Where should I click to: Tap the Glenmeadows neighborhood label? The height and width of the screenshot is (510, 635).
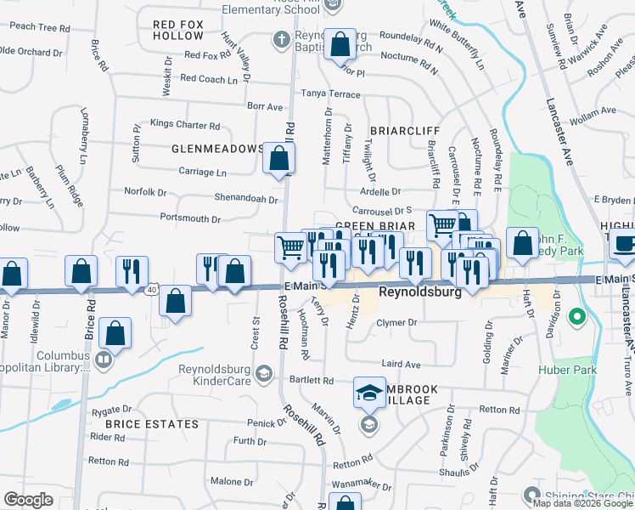tap(217, 149)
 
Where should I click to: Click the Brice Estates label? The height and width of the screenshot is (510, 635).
tap(152, 423)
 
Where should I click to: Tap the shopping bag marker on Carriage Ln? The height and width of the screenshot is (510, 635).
tap(278, 158)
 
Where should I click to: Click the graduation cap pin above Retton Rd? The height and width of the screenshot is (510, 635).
tap(369, 393)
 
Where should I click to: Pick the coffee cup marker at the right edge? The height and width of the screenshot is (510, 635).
tap(625, 243)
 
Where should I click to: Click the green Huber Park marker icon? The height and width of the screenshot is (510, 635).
tap(576, 318)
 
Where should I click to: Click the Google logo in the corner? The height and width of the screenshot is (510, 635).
tap(28, 500)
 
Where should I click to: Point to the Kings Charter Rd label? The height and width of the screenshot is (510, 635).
tap(184, 124)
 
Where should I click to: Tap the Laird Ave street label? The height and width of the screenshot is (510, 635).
tap(401, 364)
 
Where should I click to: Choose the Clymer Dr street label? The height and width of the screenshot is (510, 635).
tap(397, 322)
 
